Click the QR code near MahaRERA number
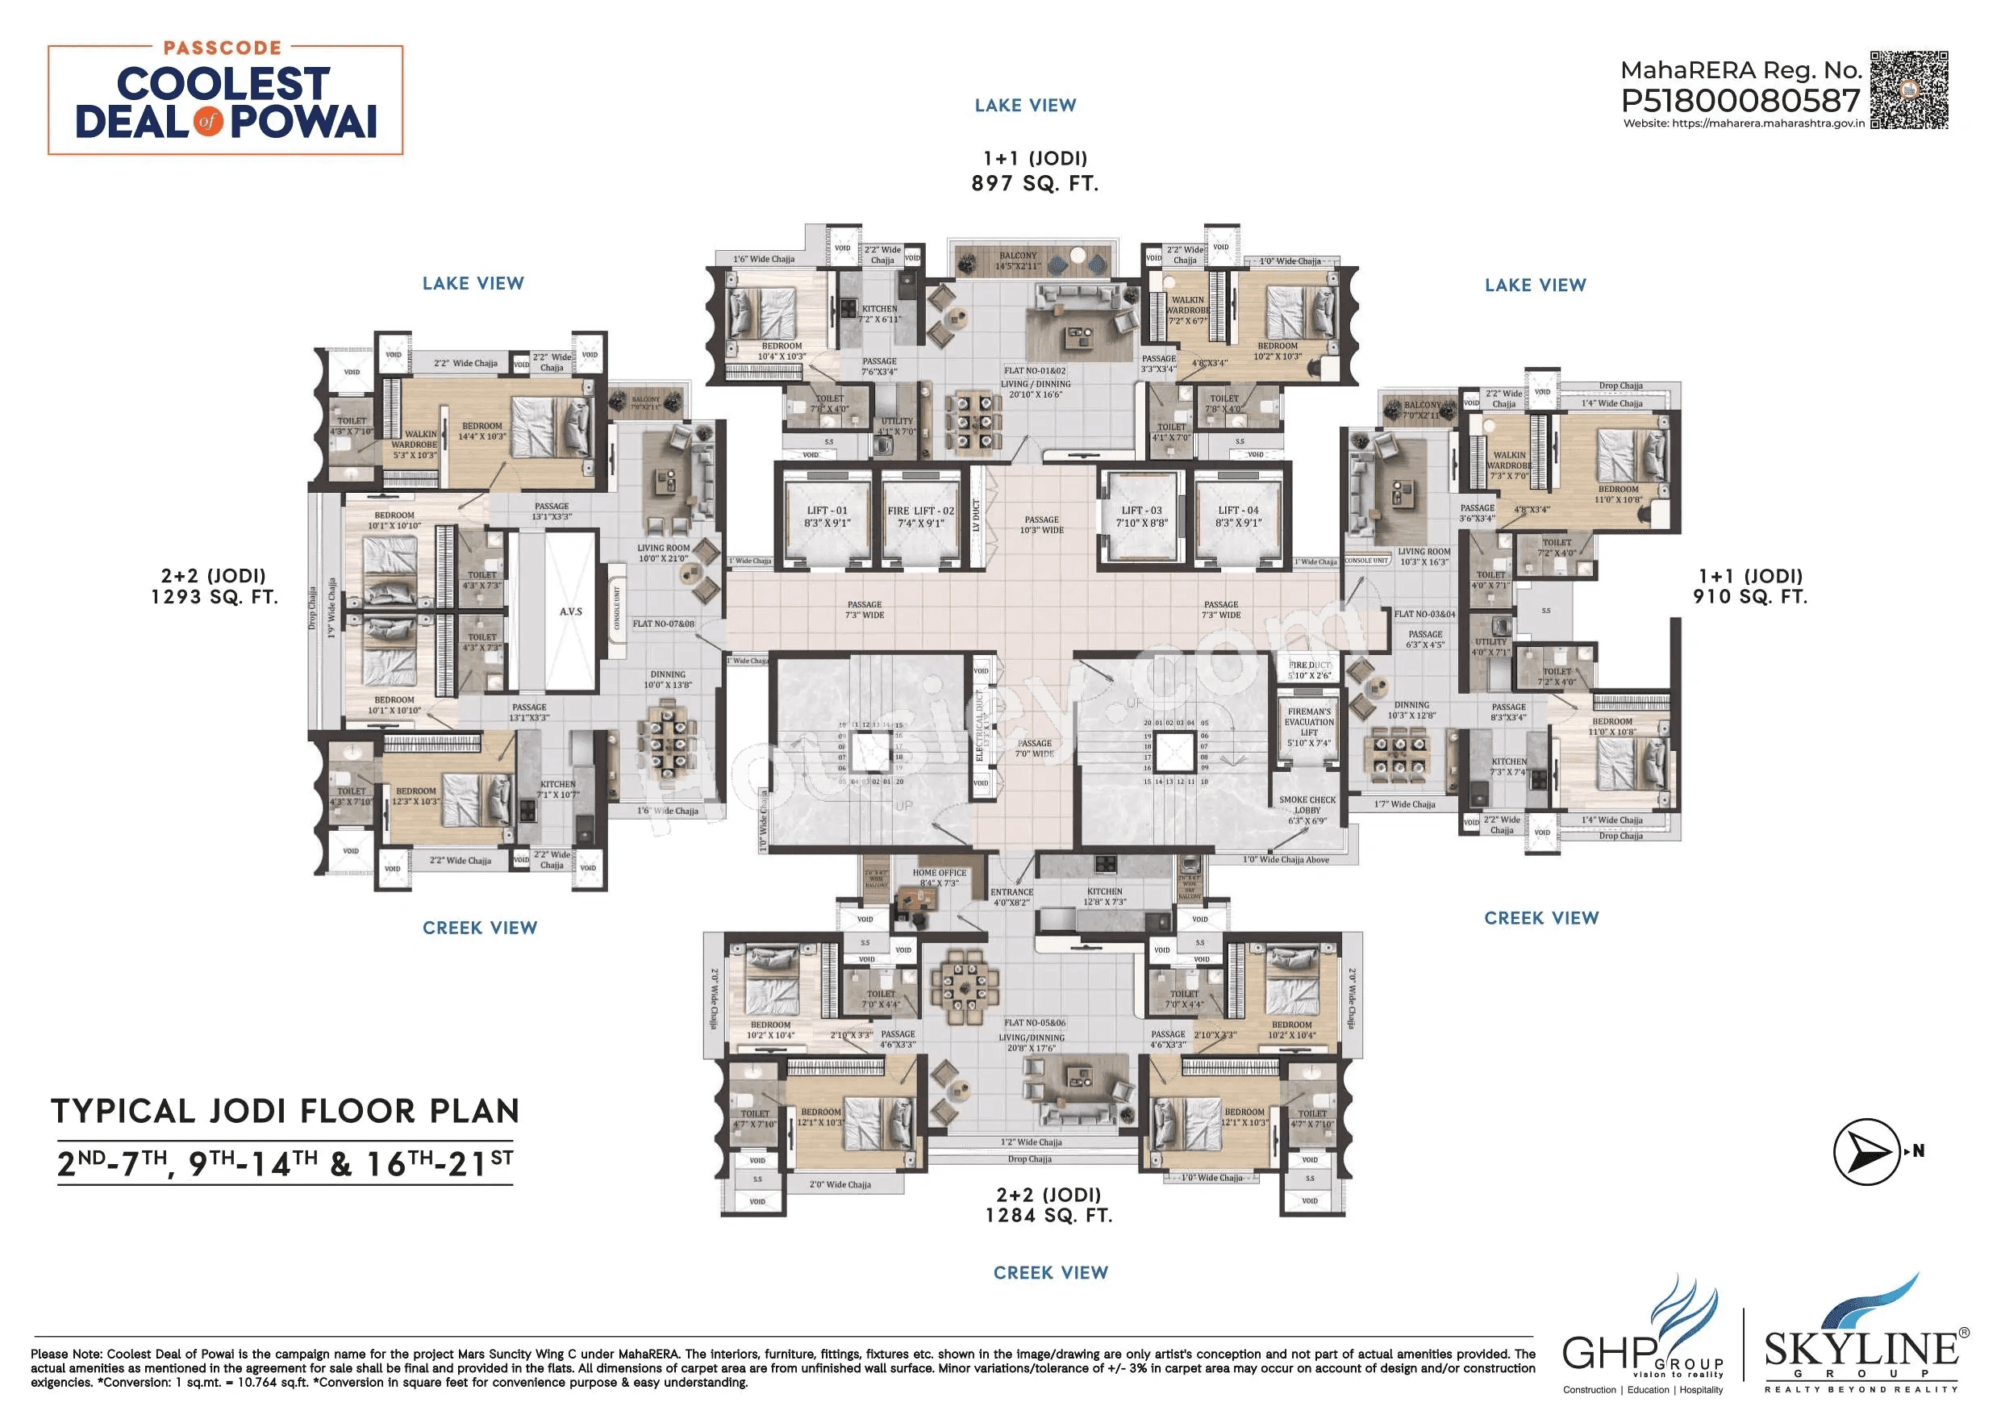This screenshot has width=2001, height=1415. (1908, 90)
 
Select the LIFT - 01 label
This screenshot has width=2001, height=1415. (826, 517)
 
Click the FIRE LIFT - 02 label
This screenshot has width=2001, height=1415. (920, 517)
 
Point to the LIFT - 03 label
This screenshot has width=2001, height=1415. (1140, 516)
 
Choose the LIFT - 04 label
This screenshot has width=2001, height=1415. (1237, 516)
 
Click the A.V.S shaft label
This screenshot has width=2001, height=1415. (571, 611)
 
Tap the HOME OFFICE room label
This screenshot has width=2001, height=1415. (939, 877)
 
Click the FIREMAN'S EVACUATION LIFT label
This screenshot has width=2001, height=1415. (1308, 727)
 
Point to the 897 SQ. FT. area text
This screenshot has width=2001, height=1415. (1035, 184)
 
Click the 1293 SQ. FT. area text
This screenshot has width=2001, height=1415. (214, 597)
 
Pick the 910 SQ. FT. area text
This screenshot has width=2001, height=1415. (1750, 597)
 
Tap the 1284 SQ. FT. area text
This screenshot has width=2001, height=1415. (1048, 1216)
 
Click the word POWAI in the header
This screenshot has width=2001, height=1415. (303, 122)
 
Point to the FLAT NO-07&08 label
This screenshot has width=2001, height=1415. (663, 624)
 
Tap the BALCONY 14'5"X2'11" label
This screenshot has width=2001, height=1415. (1018, 261)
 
